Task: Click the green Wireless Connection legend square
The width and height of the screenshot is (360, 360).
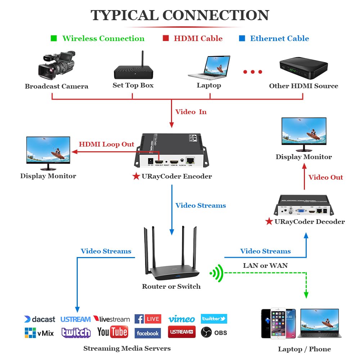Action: click(x=54, y=38)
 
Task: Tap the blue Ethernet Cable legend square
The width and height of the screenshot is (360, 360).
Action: click(x=242, y=38)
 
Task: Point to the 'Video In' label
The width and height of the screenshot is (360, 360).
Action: click(x=191, y=112)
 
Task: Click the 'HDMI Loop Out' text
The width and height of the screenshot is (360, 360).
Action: click(x=107, y=144)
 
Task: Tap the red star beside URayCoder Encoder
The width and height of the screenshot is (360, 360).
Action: click(x=136, y=176)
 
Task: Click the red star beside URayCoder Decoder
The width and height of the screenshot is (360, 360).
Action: click(x=269, y=221)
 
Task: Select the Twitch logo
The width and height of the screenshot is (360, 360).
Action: click(x=76, y=333)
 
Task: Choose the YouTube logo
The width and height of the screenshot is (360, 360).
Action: click(x=113, y=332)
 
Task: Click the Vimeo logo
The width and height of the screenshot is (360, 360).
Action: click(x=181, y=319)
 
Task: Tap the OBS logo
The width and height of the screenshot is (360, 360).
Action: click(x=214, y=332)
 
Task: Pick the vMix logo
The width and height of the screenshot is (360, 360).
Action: click(x=39, y=333)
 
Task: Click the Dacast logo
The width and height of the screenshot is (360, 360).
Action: click(x=40, y=319)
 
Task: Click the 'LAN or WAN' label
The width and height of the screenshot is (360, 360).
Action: click(x=265, y=265)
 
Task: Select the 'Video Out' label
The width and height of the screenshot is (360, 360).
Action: click(x=325, y=177)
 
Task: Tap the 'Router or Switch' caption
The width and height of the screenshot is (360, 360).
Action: click(x=171, y=287)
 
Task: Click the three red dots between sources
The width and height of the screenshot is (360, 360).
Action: click(x=252, y=72)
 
